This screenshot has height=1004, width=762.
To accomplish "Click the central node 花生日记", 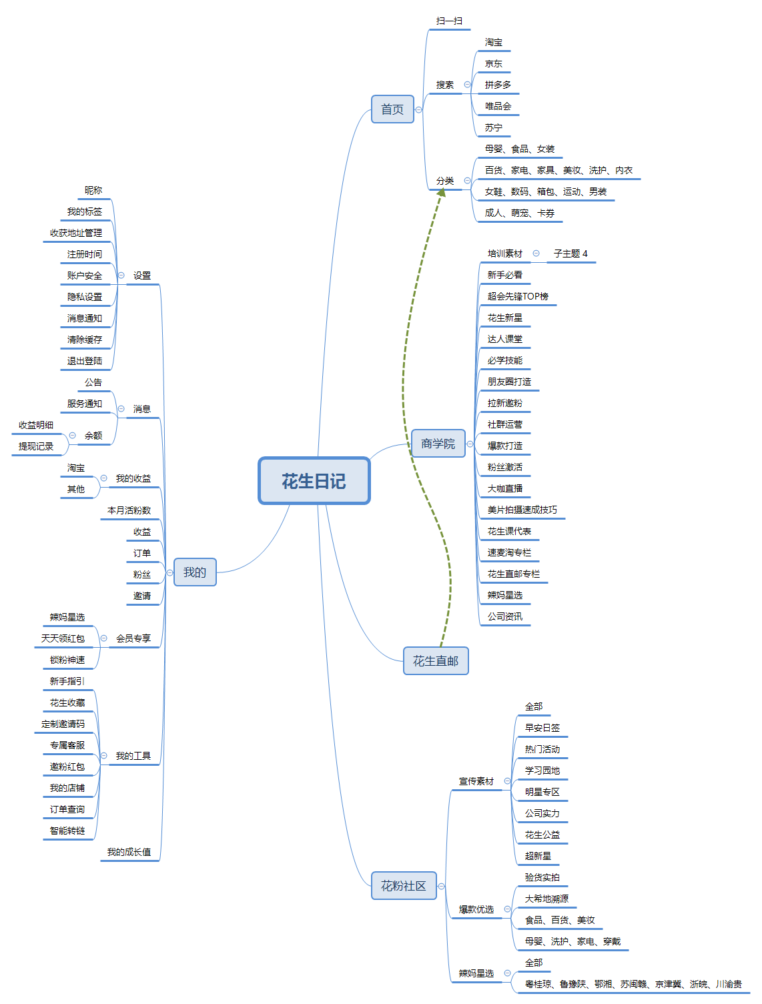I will tap(314, 481).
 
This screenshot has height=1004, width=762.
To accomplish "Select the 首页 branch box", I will tap(392, 109).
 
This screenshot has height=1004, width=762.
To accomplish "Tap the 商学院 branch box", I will tap(438, 444).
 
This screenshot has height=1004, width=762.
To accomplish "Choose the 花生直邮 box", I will tap(436, 661).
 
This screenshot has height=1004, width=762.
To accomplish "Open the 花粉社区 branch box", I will tap(404, 886).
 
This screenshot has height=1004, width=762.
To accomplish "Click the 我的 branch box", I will tap(195, 572).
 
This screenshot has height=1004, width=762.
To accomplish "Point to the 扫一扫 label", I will tap(449, 21).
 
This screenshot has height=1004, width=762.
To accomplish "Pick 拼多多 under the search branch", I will tap(498, 85).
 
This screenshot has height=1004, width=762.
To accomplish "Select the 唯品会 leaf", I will tap(498, 107).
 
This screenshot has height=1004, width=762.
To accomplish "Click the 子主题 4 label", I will tap(570, 254).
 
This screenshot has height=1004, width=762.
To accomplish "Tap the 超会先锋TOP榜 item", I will tap(518, 297).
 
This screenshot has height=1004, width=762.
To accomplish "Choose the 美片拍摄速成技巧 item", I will tap(522, 510).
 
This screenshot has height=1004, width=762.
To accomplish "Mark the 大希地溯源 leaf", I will tap(546, 899).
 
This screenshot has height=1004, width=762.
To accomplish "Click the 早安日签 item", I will tap(542, 728).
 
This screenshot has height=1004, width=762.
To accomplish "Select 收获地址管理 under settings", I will tap(76, 233).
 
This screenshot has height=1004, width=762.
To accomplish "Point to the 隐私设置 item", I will tap(85, 298).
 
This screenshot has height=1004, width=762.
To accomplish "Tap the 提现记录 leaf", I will tap(36, 447).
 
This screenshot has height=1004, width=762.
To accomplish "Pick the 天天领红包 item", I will tap(63, 639).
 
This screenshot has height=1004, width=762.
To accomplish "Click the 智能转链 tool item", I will tap(67, 831).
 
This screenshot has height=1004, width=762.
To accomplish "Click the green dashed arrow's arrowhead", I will tap(441, 192).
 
